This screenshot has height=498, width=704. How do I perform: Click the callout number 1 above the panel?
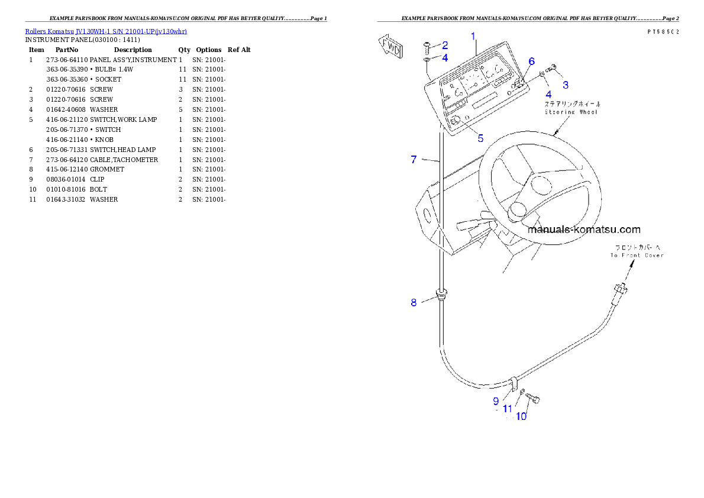click(x=473, y=36)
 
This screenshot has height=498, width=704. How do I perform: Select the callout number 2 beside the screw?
click(x=445, y=45)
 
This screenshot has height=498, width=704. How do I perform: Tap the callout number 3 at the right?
click(x=566, y=85)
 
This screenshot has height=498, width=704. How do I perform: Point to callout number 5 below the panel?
click(x=480, y=138)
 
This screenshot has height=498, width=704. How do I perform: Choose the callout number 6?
click(x=531, y=62)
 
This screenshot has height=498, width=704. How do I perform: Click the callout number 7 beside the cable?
click(x=414, y=159)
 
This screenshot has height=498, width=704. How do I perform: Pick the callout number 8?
click(x=414, y=302)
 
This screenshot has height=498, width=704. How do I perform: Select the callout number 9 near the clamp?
click(x=496, y=401)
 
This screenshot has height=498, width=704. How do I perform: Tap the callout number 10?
click(x=521, y=416)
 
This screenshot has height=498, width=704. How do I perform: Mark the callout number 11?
click(x=508, y=408)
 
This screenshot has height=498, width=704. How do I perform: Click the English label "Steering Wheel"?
click(x=571, y=111)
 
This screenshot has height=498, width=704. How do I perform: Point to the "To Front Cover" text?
click(x=637, y=256)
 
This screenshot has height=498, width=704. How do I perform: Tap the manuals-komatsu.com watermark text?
click(x=584, y=229)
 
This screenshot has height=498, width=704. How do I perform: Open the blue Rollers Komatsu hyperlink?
click(x=106, y=31)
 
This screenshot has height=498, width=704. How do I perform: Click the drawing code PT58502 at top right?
click(x=663, y=32)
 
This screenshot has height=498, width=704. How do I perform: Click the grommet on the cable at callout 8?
click(x=441, y=294)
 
